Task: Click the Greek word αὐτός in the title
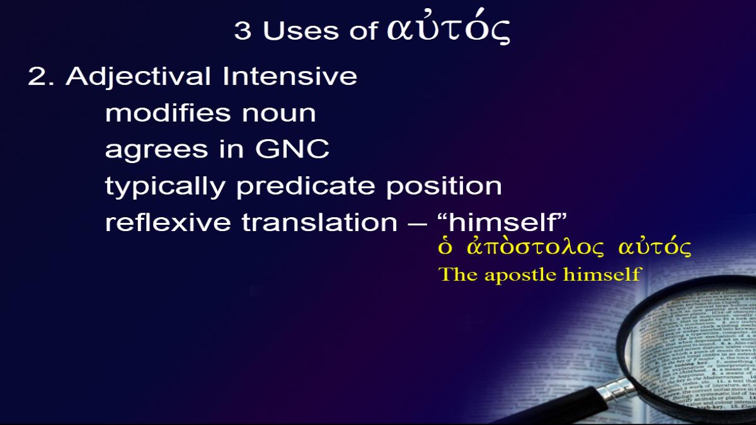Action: pos(449,27)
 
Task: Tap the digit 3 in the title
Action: pos(243,30)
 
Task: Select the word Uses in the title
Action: pos(301,30)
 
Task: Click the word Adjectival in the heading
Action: pos(139,77)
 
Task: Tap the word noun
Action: pos(278,114)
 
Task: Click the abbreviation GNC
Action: pos(292,149)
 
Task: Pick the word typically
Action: pos(165,186)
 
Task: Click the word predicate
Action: pos(306,186)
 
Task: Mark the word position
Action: pos(444,186)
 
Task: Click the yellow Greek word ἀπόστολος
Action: pos(535,247)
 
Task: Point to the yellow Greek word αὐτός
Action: pos(655,248)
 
